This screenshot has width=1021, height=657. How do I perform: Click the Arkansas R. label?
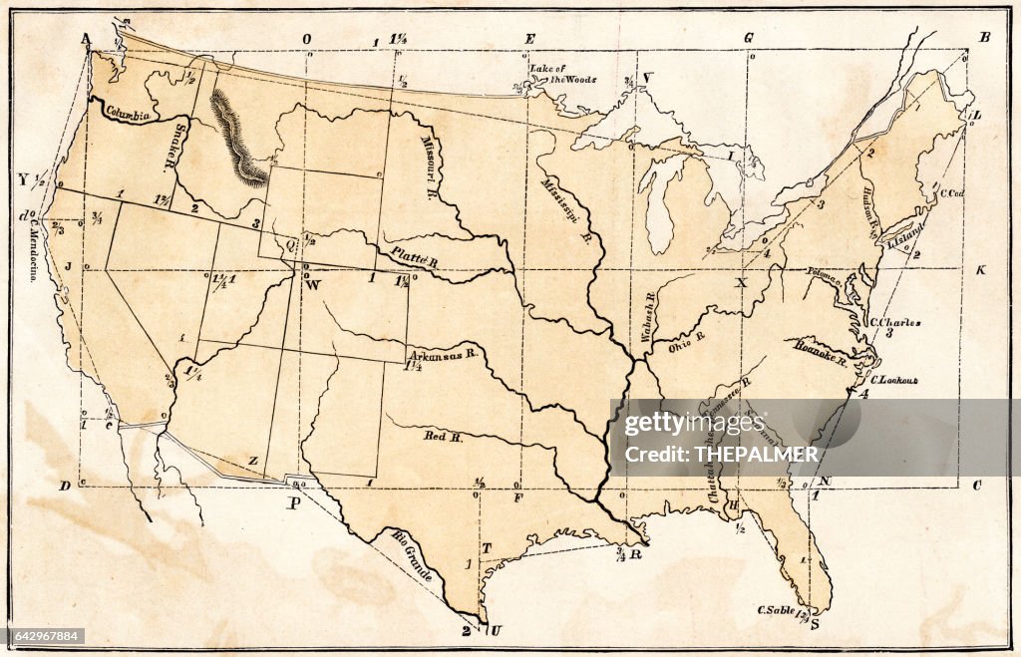[444, 354]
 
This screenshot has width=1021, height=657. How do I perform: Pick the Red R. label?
[444, 436]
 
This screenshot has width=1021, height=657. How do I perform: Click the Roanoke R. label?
[821, 352]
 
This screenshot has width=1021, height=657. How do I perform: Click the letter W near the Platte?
[313, 285]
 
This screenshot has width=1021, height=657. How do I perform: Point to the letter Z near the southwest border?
[253, 462]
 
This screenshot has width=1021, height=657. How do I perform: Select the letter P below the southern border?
[294, 503]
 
